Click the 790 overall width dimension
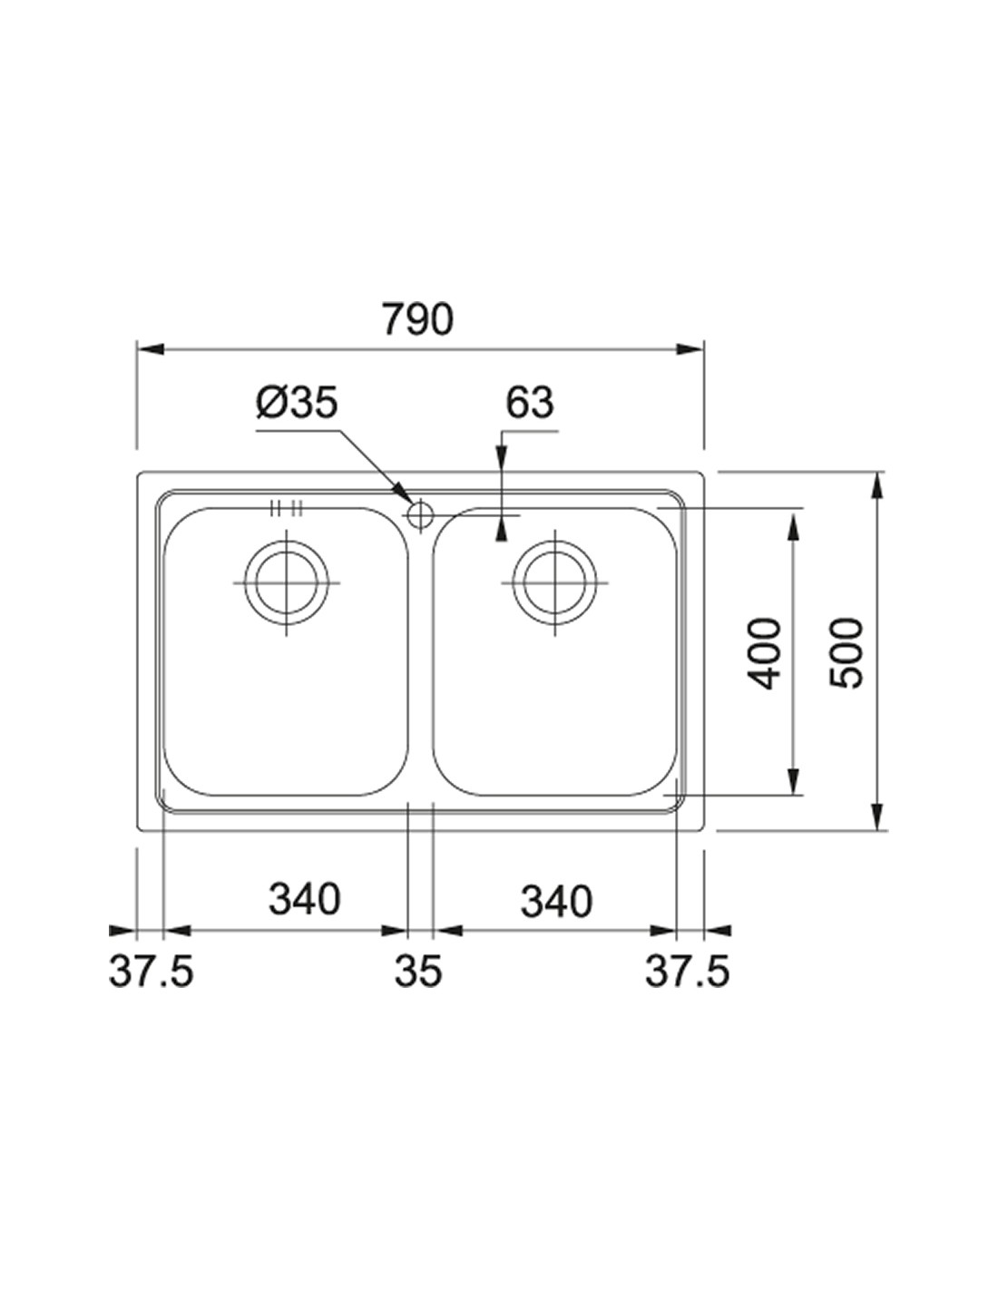click(416, 318)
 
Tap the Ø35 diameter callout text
click(297, 402)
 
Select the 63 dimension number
click(530, 402)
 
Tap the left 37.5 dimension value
click(151, 972)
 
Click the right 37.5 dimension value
click(687, 972)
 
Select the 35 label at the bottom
click(418, 972)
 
